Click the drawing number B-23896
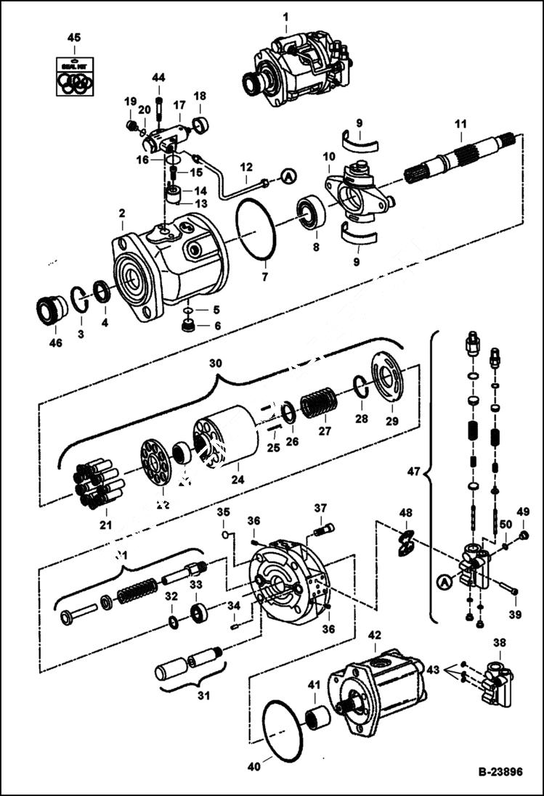500,773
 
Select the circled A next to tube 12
288,176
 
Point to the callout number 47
413,472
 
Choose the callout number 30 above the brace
215,362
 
